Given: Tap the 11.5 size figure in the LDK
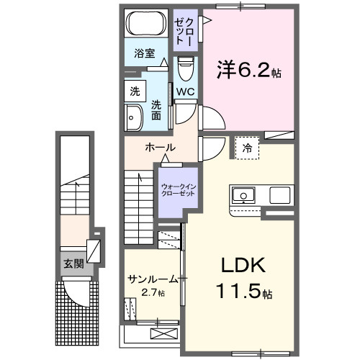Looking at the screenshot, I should tap(241, 294).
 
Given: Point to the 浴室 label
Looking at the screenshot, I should tap(145, 53).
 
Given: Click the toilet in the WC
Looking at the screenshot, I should tap(186, 70).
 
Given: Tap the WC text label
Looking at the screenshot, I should tap(185, 91).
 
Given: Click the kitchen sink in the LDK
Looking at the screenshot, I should tap(241, 194).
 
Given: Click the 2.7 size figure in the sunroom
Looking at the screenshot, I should tap(152, 293).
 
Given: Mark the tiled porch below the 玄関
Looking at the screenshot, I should tap(76, 313).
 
